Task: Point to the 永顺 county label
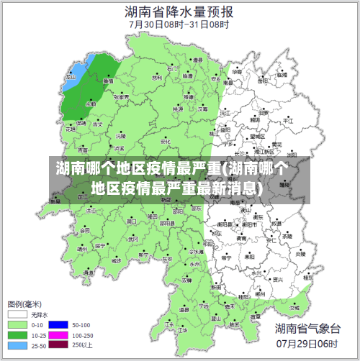click(91, 104)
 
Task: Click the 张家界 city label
click(120, 96)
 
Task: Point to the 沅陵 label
click(120, 135)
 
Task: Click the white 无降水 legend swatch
click(17, 314)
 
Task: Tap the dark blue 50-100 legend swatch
click(61, 324)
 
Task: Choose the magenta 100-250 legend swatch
click(61, 334)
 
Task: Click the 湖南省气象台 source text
click(307, 329)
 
